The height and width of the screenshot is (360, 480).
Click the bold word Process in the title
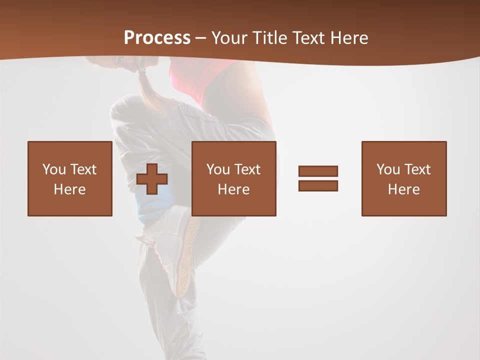(157, 38)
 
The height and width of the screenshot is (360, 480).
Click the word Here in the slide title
(348, 38)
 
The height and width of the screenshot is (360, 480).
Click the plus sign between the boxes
(152, 179)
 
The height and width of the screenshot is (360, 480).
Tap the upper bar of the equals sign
(318, 171)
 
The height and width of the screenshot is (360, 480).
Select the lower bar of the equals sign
(318, 185)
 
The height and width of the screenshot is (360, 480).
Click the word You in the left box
(54, 169)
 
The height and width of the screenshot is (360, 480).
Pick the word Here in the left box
(69, 189)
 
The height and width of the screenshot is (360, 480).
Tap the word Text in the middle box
(247, 169)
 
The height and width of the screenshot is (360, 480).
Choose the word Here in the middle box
(233, 189)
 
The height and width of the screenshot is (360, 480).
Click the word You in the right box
(388, 169)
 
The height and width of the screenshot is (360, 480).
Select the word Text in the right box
(417, 169)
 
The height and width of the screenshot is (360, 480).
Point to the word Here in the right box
(403, 189)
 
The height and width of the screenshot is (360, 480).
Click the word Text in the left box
(83, 169)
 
